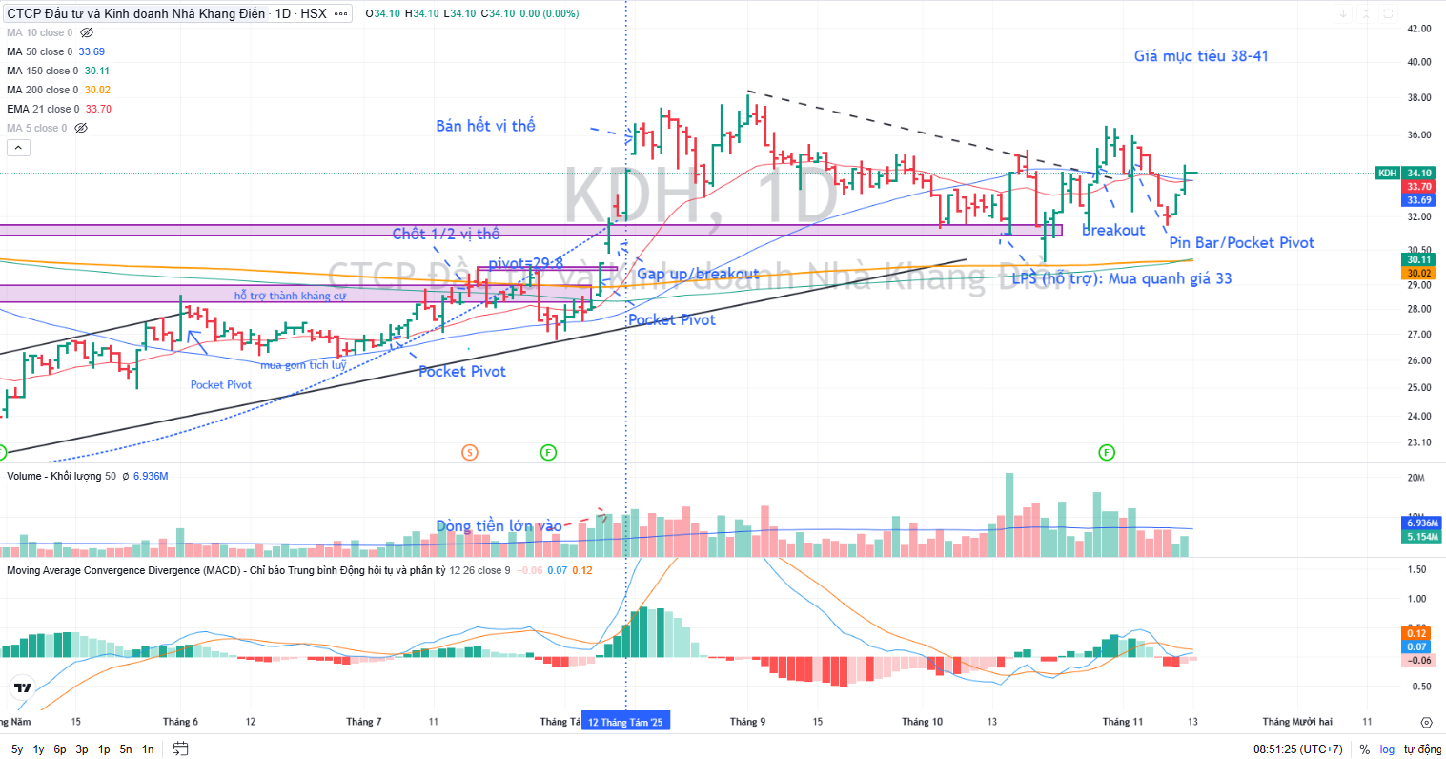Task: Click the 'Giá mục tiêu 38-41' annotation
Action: tap(1200, 56)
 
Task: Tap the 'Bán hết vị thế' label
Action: tap(485, 126)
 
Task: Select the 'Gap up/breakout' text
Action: tap(698, 275)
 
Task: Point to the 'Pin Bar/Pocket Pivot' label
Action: tap(1241, 243)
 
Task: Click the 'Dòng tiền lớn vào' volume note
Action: tap(499, 526)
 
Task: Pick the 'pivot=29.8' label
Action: tap(525, 263)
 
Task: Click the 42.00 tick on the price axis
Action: tap(1418, 29)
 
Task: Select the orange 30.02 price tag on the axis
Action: tap(1418, 274)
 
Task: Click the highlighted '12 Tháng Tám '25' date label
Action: tap(625, 722)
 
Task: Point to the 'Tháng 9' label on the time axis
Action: tap(747, 722)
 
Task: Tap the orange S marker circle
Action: tap(469, 452)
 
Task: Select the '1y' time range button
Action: tap(38, 749)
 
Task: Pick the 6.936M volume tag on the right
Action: tap(1422, 523)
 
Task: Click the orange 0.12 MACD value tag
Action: tap(1416, 633)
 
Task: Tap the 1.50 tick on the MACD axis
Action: tap(1416, 569)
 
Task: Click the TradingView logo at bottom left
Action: tap(23, 687)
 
